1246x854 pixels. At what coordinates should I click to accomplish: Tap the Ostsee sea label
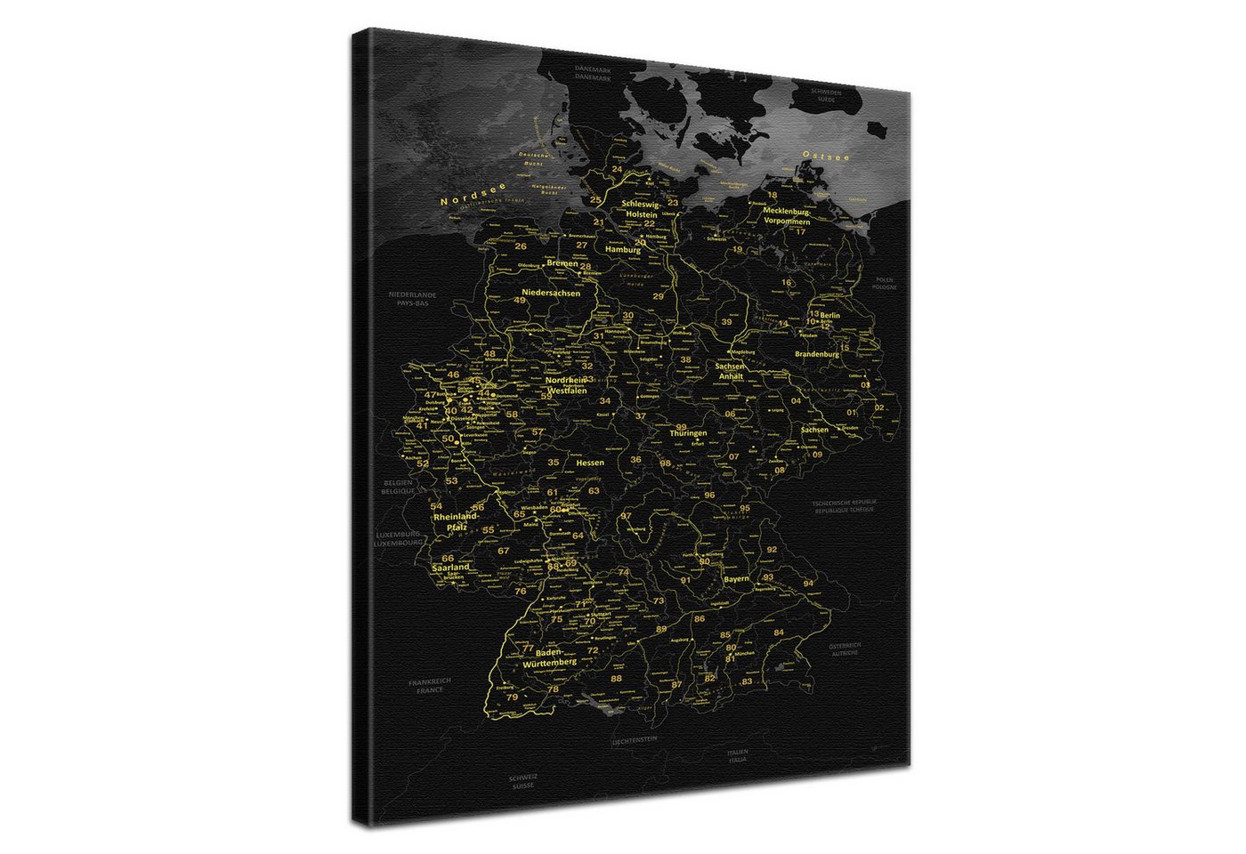(x=826, y=156)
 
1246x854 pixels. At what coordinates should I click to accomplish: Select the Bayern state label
(x=736, y=578)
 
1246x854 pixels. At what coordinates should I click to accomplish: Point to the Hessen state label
(x=589, y=463)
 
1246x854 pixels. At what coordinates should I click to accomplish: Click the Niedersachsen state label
(x=551, y=293)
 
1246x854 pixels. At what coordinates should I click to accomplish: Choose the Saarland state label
(x=450, y=567)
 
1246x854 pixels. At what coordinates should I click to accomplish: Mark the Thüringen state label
(x=688, y=433)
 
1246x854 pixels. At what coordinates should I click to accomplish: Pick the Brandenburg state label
(x=816, y=354)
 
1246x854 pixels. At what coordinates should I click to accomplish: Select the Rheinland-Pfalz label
(x=457, y=521)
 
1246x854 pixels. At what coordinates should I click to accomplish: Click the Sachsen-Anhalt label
(x=730, y=371)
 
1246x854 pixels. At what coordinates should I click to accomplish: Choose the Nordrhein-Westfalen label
(x=567, y=385)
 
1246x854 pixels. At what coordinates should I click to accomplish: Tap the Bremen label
(x=562, y=263)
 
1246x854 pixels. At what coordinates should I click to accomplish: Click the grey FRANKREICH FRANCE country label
(x=430, y=685)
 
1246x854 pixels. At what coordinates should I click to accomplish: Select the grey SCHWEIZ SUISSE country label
(x=523, y=782)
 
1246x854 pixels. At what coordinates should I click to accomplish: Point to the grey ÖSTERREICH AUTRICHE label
(x=845, y=649)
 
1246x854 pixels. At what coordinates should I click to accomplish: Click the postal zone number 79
(x=512, y=697)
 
